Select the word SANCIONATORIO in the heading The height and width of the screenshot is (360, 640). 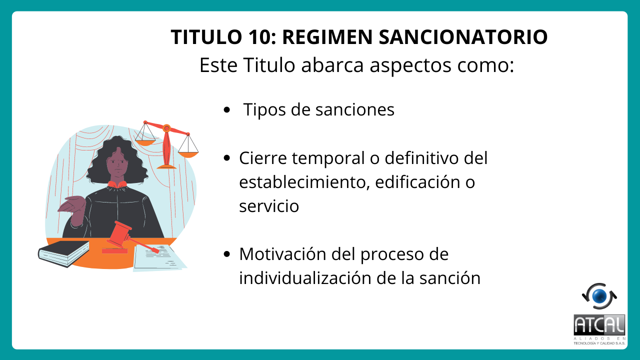click(x=463, y=37)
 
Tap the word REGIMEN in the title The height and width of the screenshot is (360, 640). click(x=327, y=37)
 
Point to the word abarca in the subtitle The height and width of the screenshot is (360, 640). click(x=332, y=65)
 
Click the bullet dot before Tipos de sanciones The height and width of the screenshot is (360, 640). click(x=227, y=109)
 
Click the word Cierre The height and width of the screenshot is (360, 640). click(x=263, y=158)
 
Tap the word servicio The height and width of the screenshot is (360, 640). click(x=269, y=206)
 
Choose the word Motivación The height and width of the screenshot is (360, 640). click(x=282, y=253)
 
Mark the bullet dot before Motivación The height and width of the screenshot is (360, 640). click(x=227, y=254)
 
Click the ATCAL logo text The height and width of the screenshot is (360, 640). click(x=599, y=325)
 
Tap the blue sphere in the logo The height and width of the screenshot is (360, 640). click(x=599, y=296)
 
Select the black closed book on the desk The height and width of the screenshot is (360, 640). click(x=64, y=253)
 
